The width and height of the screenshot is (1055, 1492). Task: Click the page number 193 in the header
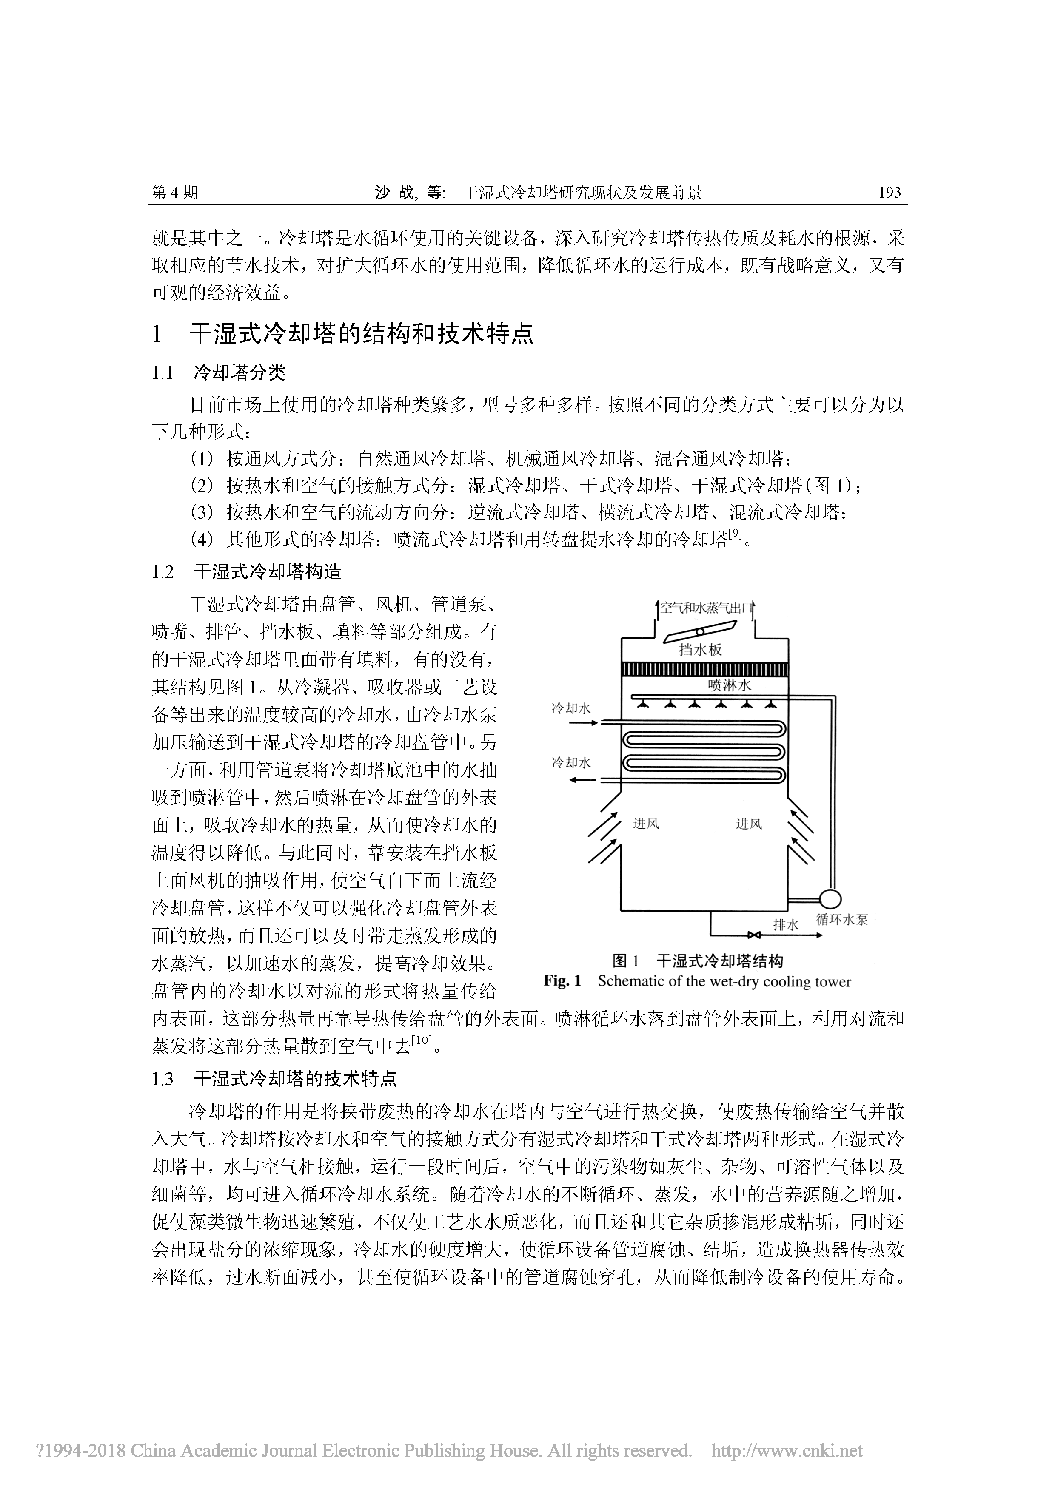(x=889, y=192)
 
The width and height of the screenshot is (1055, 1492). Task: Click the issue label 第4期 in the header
(x=174, y=192)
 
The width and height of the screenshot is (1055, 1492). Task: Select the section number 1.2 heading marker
(x=163, y=572)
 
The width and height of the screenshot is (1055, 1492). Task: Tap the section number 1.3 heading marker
(x=163, y=1080)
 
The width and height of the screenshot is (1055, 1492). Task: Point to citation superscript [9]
(x=735, y=534)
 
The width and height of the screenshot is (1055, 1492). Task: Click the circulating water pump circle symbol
(x=830, y=899)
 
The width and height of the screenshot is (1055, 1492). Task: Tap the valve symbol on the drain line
(x=755, y=936)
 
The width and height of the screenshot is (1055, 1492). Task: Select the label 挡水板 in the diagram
(x=700, y=649)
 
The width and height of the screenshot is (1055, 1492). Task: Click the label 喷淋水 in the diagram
(x=729, y=685)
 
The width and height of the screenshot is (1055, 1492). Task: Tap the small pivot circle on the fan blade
(x=699, y=631)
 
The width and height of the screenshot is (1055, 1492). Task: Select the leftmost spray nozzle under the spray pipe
(x=642, y=704)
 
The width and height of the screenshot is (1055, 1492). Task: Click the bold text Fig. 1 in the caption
(x=562, y=981)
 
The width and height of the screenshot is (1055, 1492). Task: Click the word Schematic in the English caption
(x=629, y=981)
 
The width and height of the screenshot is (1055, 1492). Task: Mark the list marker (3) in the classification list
(x=202, y=513)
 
